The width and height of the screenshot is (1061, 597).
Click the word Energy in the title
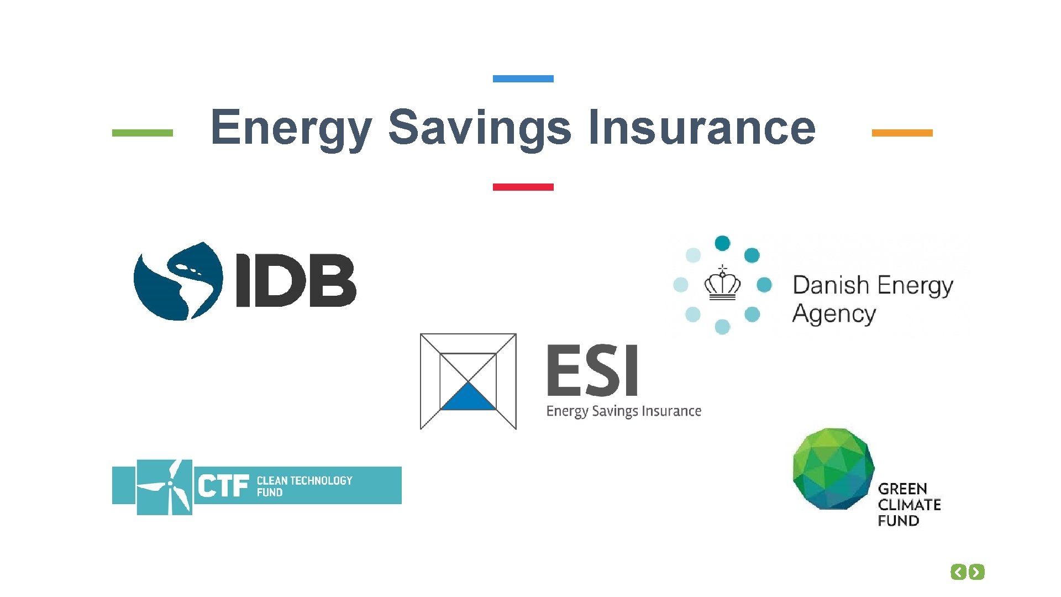pos(291,128)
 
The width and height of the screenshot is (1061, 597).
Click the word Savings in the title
pos(479,128)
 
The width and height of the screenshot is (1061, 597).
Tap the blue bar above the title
pos(523,79)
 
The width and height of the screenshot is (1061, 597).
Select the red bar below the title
pos(523,187)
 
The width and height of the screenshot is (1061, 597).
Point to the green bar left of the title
pos(142,133)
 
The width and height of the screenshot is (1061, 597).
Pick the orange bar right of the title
pos(902,133)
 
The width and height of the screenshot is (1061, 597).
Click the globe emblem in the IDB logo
pos(178,281)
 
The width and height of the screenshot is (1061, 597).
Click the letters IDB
pos(296,280)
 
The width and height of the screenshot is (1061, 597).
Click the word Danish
pos(831,285)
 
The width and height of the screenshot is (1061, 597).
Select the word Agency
pos(834,314)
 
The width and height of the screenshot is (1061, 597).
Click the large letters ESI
pos(592,370)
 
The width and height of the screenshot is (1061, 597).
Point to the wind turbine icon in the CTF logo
pos(165,487)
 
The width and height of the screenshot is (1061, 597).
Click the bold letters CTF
pos(223,487)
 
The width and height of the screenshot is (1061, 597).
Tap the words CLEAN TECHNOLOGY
pos(304,480)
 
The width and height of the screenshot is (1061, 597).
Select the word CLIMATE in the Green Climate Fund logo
pos(909,505)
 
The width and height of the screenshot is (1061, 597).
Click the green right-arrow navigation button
pos(977,572)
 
